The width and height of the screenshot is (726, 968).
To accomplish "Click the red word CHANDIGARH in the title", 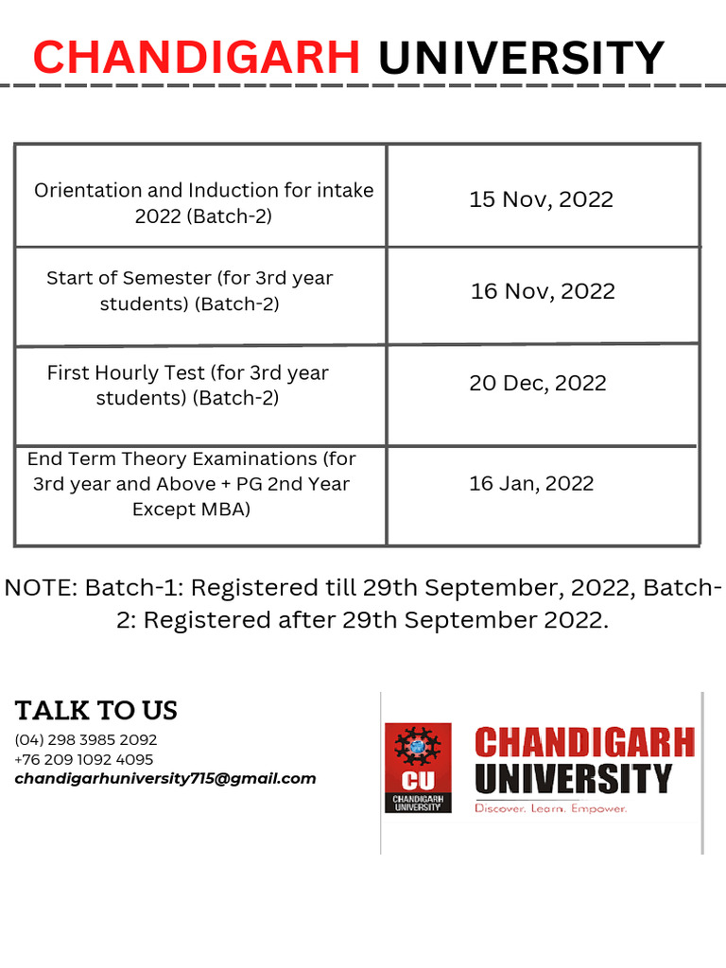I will point(196,58).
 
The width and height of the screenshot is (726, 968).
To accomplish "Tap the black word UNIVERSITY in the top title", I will point(521,58).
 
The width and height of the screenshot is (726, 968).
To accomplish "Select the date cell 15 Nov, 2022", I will point(542,199).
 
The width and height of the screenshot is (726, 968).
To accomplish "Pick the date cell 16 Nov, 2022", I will point(543,291).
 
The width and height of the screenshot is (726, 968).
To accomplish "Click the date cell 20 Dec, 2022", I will point(538,383).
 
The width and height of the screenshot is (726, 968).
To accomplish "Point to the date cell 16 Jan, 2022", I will point(531,484).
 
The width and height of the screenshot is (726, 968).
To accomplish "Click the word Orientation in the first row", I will point(87,190).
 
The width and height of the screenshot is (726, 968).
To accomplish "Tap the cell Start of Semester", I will point(190,291).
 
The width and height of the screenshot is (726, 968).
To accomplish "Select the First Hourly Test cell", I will point(188,385).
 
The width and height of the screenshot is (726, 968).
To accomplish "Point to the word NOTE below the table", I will point(39,588).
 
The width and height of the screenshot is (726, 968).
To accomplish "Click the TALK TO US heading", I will point(95,711).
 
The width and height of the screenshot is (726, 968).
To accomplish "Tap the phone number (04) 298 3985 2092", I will point(86,739).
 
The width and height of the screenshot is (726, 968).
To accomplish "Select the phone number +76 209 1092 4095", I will point(84,759).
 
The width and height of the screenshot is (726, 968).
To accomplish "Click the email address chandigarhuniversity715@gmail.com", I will point(165,779).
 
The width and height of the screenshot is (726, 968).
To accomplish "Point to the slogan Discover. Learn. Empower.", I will point(550,808).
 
